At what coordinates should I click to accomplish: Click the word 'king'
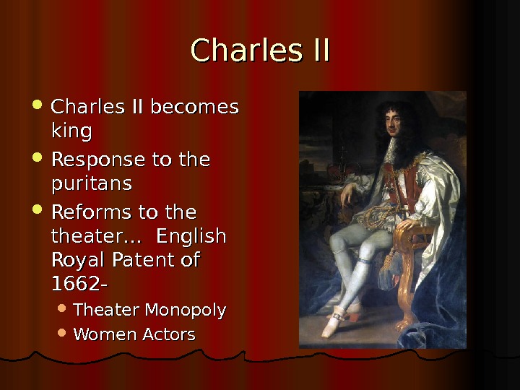point(71,132)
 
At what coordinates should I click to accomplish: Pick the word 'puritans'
point(92,184)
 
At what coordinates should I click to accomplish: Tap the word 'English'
point(191,237)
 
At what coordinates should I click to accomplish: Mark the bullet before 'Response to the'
point(40,157)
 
